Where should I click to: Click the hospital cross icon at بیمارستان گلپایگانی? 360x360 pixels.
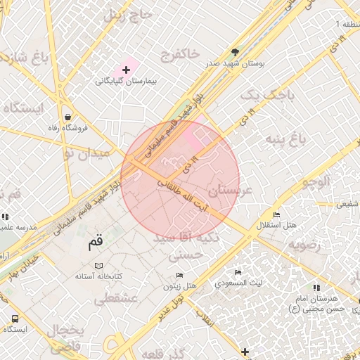(127, 70)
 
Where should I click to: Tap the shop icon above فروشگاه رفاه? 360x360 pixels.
(67, 117)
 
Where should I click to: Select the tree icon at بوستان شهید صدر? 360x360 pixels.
(235, 53)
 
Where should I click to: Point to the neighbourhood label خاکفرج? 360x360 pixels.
(180, 53)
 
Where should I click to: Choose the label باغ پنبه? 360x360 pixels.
(285, 140)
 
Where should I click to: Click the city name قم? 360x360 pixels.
(95, 244)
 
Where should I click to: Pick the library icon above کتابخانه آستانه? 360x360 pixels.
(98, 266)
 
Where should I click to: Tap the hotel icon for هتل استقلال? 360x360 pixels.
(276, 215)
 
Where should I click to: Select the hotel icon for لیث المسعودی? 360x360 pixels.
(238, 272)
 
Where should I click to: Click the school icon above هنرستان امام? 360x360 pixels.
(316, 288)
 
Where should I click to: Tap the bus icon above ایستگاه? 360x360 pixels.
(15, 319)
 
